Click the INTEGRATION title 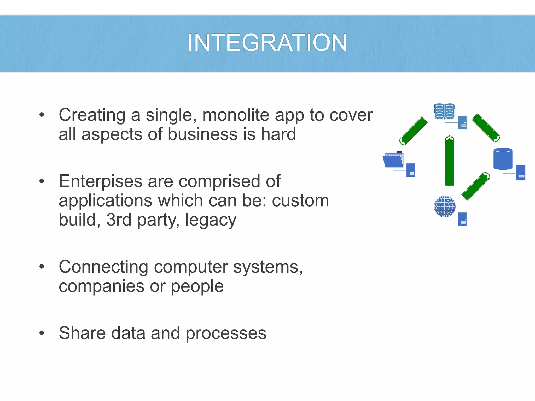tap(267, 43)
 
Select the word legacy tap(211, 220)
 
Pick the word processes tap(226, 334)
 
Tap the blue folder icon tap(393, 160)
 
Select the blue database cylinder tap(503, 159)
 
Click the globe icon tap(445, 207)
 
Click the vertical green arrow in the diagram tap(450, 161)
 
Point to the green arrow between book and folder tap(413, 131)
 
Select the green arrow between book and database tap(486, 128)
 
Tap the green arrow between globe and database tap(476, 186)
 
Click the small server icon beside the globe tap(462, 219)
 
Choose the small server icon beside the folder tap(411, 170)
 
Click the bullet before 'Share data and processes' tap(42, 333)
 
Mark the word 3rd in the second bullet tap(119, 220)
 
